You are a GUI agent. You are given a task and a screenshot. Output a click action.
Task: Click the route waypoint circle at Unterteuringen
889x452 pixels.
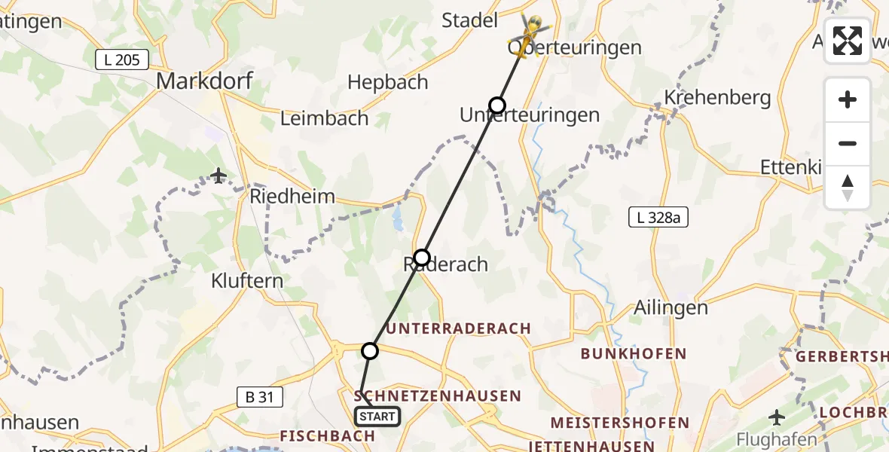tap(496, 105)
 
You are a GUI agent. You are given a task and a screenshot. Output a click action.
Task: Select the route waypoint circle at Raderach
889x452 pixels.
tap(422, 258)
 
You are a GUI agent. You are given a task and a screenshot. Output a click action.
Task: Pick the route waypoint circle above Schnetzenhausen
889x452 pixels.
tap(370, 350)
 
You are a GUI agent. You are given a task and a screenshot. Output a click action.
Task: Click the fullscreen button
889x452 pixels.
tap(848, 41)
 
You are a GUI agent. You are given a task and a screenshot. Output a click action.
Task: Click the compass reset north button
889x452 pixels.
tap(848, 188)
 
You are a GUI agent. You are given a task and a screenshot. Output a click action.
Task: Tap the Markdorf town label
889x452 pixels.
tap(204, 81)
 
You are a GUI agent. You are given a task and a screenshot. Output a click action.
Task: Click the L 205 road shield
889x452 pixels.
tap(122, 60)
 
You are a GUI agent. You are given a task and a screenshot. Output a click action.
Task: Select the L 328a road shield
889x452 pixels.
tap(658, 218)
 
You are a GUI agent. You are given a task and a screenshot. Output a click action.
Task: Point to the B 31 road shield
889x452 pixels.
tap(255, 395)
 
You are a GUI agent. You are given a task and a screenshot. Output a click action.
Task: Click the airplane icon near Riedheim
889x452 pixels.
tap(218, 176)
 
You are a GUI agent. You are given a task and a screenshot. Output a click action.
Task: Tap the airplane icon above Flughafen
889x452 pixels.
tap(777, 417)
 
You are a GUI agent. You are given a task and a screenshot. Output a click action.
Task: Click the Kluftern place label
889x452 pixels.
tap(247, 281)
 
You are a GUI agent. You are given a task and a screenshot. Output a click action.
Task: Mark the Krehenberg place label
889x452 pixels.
tap(717, 97)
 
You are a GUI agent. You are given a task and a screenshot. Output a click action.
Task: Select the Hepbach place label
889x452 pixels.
tap(389, 81)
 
